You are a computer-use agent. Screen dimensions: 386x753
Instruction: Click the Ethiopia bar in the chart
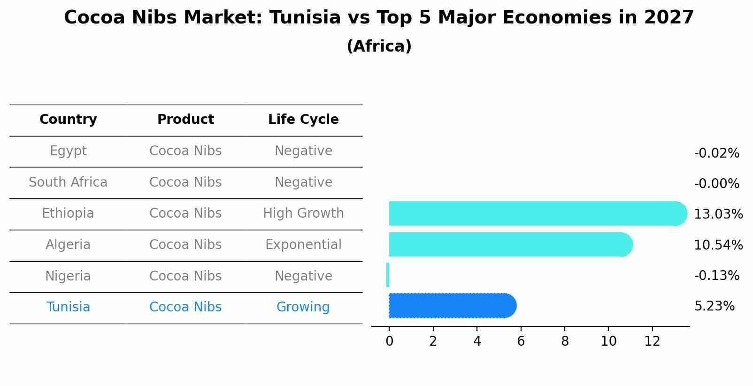coord(535,213)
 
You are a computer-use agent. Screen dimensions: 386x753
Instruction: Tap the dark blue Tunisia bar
coord(451,306)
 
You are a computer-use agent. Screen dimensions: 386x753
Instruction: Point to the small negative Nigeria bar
coord(388,275)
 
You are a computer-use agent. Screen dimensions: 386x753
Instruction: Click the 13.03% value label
coord(718,214)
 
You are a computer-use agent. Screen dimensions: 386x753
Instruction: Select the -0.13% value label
coord(716,276)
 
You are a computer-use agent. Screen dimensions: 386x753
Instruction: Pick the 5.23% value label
coord(714,306)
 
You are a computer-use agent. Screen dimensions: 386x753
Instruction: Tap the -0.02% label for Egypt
coord(716,153)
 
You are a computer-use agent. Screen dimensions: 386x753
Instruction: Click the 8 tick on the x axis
coord(565,341)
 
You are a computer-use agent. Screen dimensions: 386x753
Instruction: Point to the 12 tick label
coord(652,341)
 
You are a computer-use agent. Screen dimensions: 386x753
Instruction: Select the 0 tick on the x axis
coord(389,341)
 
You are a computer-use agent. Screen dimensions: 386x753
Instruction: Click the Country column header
coord(68,120)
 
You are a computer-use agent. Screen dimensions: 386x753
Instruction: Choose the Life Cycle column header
coord(303,120)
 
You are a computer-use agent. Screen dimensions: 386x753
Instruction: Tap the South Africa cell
coord(68,182)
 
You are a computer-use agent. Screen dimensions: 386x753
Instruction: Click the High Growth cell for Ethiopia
coord(303,213)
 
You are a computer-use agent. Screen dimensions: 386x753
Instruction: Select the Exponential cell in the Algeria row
coord(303,245)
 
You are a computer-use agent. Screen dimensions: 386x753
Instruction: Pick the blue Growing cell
coord(303,307)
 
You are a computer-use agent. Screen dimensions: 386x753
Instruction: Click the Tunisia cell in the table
coord(68,307)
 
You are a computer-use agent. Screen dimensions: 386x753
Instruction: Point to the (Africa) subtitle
coord(379,46)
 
